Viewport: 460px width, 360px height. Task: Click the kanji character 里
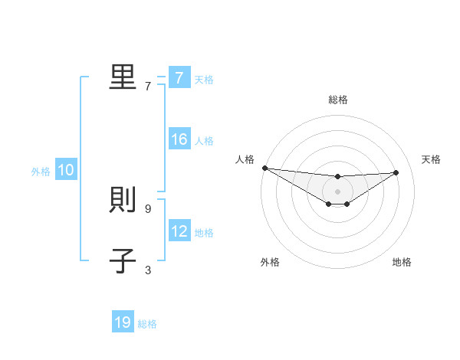123,77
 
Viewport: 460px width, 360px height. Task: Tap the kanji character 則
123,201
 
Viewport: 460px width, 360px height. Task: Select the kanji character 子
123,261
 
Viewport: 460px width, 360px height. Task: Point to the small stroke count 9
147,208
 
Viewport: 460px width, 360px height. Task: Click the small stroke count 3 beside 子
147,270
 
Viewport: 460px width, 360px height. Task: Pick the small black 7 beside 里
147,86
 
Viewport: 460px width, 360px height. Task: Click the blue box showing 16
179,140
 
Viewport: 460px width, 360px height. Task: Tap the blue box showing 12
179,232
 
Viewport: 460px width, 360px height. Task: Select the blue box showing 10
65,171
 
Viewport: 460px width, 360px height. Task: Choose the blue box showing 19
123,322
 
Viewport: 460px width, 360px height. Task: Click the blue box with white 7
179,78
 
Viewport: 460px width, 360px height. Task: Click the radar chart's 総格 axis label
338,100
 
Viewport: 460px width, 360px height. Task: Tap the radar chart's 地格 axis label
402,262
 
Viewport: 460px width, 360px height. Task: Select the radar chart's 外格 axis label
270,262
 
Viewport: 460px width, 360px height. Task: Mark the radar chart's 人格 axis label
245,159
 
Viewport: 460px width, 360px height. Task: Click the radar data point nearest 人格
264,168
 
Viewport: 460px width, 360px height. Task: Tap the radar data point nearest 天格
396,172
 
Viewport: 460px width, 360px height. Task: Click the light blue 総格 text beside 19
147,324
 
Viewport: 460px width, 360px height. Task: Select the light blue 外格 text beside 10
41,172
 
